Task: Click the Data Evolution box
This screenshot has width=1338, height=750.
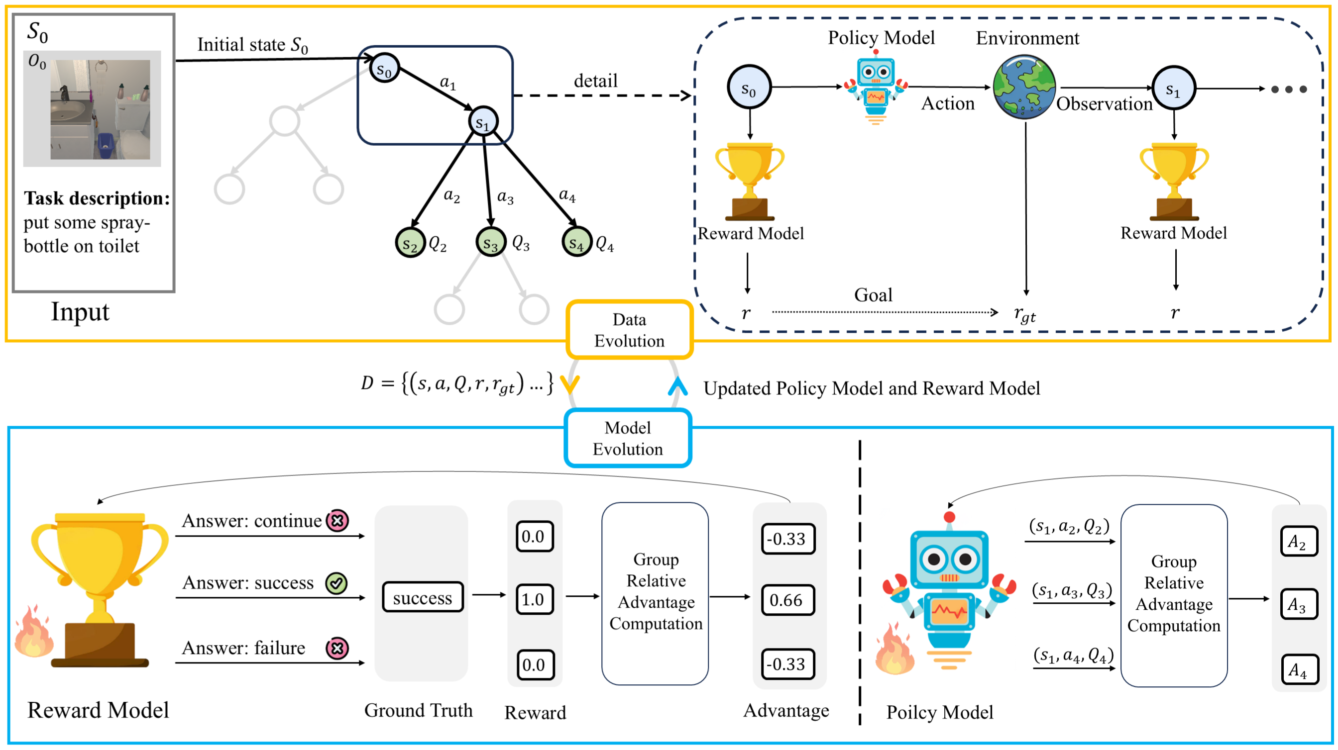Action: (x=629, y=330)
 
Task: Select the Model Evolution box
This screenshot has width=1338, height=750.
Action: (x=628, y=438)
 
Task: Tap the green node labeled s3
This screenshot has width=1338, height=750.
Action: (x=490, y=242)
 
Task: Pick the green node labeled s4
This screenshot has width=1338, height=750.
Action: (x=576, y=242)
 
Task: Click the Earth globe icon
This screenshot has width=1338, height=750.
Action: (x=1024, y=87)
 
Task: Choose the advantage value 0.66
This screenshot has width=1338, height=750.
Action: (x=786, y=600)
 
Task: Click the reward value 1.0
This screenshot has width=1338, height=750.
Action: (x=534, y=599)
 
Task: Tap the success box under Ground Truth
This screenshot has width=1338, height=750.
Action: (x=422, y=597)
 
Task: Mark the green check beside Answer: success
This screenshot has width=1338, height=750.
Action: (x=336, y=583)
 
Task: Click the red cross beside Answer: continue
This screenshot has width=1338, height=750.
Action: (x=337, y=521)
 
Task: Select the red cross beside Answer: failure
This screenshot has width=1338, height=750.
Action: (x=337, y=648)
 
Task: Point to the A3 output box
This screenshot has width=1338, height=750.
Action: (x=1298, y=604)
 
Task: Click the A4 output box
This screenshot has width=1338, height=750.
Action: (x=1298, y=669)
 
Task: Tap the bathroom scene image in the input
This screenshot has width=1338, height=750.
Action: (x=100, y=109)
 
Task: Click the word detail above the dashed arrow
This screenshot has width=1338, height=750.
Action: (x=596, y=81)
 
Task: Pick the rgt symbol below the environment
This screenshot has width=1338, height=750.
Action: (x=1024, y=314)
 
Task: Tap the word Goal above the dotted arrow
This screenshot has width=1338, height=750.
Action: (x=873, y=295)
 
